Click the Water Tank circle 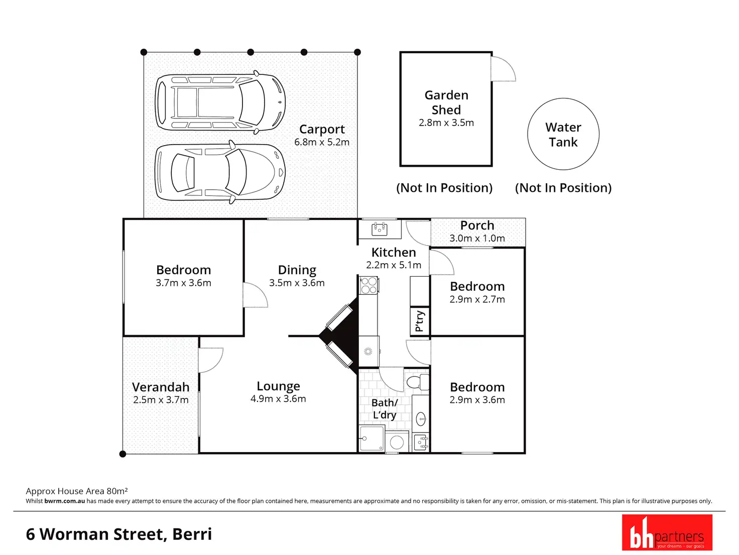click(x=563, y=134)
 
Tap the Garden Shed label click(x=446, y=102)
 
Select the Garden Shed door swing click(x=504, y=69)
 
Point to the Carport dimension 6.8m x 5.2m click(x=322, y=142)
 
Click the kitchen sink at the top click(x=380, y=230)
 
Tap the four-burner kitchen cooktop click(x=369, y=285)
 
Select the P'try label click(x=420, y=321)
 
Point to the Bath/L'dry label click(x=385, y=409)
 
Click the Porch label click(x=477, y=226)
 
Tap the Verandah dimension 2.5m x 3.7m click(x=161, y=400)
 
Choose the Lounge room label click(x=278, y=386)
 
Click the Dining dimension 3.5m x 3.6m click(x=297, y=283)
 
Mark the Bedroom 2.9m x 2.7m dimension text click(x=477, y=299)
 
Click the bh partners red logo click(x=667, y=532)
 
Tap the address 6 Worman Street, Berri click(x=119, y=534)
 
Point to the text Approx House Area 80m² click(x=77, y=491)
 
